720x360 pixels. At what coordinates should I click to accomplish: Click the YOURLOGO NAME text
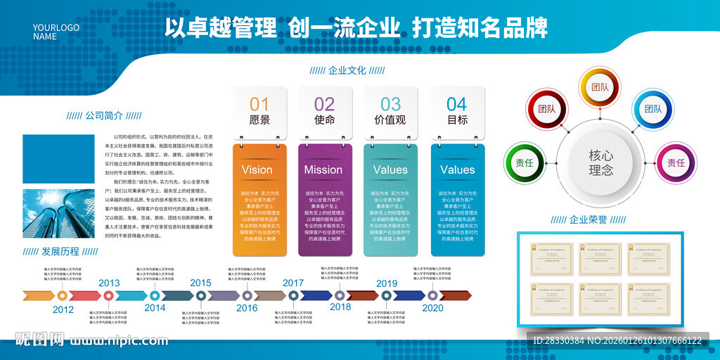[x=56, y=32]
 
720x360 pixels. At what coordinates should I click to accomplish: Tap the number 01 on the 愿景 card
[x=259, y=104]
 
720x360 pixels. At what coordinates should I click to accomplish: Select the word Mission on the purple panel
[x=323, y=169]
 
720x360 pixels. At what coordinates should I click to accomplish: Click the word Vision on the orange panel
[x=257, y=169]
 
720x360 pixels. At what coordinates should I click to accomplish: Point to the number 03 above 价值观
[x=390, y=104]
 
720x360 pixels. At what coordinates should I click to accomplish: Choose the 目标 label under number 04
[x=457, y=120]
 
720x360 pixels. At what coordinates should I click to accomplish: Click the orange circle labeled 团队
[x=600, y=87]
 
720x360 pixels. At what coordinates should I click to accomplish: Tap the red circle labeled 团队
[x=546, y=109]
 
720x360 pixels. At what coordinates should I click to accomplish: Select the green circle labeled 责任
[x=525, y=162]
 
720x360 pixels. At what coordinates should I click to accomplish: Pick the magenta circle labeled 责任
[x=675, y=162]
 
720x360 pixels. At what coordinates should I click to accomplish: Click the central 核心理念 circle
[x=600, y=162]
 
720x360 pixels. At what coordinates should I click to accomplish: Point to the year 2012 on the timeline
[x=63, y=309]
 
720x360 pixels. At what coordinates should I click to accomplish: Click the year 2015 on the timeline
[x=200, y=283]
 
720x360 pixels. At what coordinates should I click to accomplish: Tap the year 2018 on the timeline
[x=340, y=307]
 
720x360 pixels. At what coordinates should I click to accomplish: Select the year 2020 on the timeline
[x=432, y=307]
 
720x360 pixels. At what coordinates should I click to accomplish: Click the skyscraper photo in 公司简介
[x=60, y=213]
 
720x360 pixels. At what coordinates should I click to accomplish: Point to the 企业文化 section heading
[x=347, y=70]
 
